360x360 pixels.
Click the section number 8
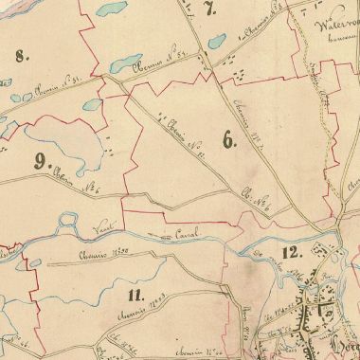(24, 56)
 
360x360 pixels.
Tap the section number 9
(40, 160)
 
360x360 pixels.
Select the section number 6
(227, 141)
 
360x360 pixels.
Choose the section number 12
(290, 251)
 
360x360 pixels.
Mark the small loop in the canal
(69, 225)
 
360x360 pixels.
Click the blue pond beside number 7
(216, 43)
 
